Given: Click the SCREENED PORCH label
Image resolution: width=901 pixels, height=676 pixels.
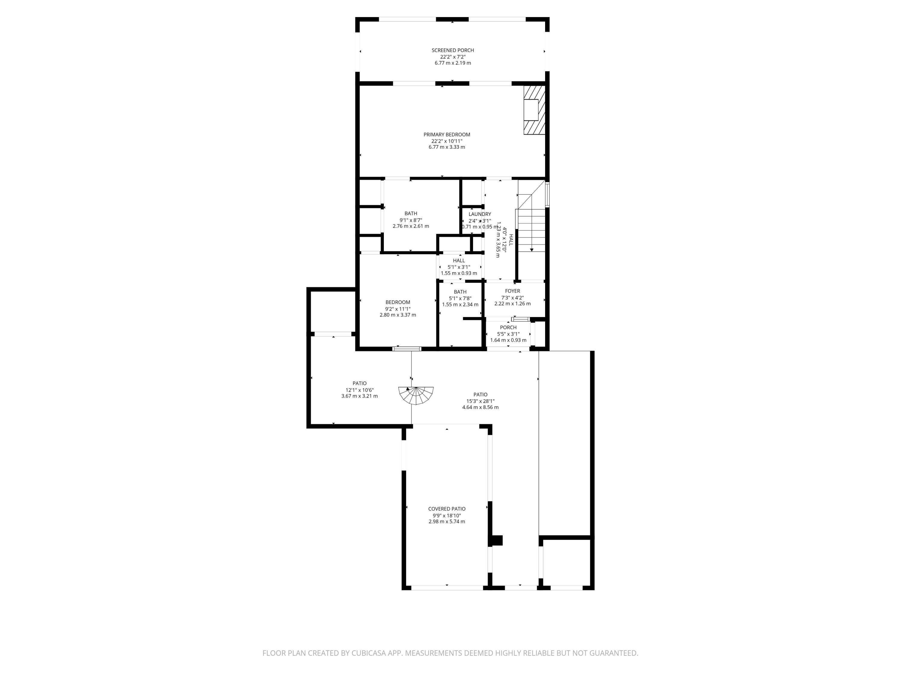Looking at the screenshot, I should tap(453, 50).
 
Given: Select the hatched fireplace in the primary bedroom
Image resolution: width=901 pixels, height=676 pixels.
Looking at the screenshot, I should tap(534, 110).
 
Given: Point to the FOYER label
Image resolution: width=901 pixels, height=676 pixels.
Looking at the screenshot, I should tap(512, 291).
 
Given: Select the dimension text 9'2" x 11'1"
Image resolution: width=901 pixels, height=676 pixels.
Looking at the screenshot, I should tap(398, 309).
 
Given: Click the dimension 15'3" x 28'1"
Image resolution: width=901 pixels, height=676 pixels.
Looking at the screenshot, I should tap(480, 401).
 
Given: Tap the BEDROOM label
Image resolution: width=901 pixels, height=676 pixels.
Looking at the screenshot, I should tap(398, 302).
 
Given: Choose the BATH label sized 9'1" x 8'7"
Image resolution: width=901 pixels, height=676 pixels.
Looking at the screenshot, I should tap(411, 213).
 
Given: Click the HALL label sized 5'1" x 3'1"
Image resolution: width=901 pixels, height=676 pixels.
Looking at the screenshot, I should tap(459, 260).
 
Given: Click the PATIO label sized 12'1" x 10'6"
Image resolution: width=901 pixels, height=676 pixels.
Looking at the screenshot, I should tap(359, 383).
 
